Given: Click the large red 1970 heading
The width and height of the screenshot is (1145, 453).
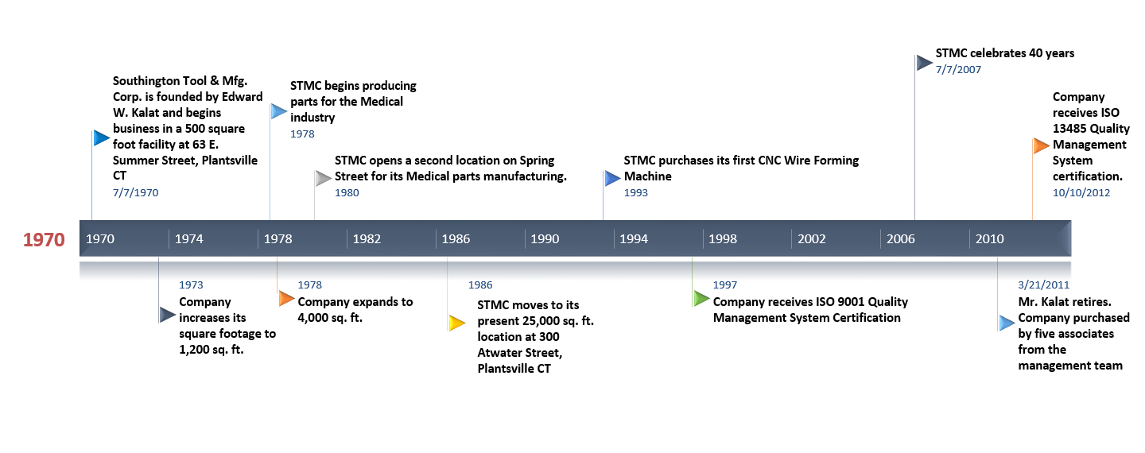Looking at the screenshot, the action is pos(44,239).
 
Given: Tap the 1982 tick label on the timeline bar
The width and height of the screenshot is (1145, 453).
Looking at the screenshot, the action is pos(367,239).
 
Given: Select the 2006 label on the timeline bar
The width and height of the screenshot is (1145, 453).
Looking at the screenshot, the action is pos(901,239).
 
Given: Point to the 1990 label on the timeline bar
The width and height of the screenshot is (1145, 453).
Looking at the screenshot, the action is pos(545,239).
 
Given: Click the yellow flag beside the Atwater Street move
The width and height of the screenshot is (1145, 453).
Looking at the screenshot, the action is pos(456,323).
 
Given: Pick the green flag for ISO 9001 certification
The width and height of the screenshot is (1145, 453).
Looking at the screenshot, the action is pos(701,298).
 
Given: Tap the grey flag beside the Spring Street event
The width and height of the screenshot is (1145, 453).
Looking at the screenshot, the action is pos(323,178).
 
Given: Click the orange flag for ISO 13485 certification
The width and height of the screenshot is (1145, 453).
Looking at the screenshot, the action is pos(1042,145).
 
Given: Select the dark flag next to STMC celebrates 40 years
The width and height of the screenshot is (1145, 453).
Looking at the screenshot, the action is pos(924,63).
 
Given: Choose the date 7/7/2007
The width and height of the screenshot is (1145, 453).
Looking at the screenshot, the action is pos(958,69).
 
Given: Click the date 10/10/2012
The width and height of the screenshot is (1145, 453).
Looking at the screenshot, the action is pos(1081,192).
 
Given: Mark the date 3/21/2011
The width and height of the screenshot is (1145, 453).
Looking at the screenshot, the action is pos(1043,285).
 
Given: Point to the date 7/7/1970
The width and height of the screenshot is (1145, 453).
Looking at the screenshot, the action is pos(135,192).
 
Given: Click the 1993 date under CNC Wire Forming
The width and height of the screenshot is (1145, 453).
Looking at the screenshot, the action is pos(635,192).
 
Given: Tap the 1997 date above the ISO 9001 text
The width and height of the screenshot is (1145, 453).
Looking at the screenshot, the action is pos(725,285).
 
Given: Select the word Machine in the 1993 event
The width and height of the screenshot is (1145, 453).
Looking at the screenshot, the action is pos(647,176).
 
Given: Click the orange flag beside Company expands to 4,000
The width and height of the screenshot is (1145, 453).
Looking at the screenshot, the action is pos(287,298).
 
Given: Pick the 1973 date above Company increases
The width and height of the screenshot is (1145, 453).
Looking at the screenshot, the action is pos(191,285).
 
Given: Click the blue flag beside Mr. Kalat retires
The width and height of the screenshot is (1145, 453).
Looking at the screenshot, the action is pos(1007,323).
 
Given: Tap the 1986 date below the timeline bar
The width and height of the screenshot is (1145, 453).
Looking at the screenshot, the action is pos(480,285).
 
